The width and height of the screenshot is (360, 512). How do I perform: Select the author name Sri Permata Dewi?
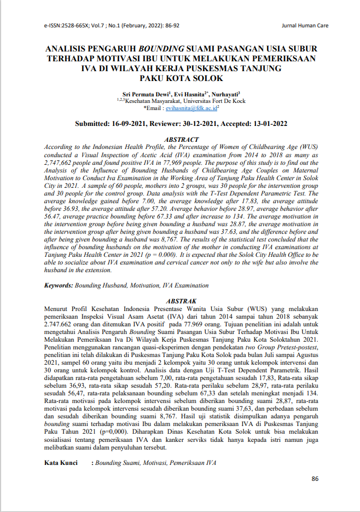point(145,94)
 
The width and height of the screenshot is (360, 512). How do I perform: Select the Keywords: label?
point(58,285)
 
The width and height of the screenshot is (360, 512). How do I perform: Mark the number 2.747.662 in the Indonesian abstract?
point(62,324)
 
